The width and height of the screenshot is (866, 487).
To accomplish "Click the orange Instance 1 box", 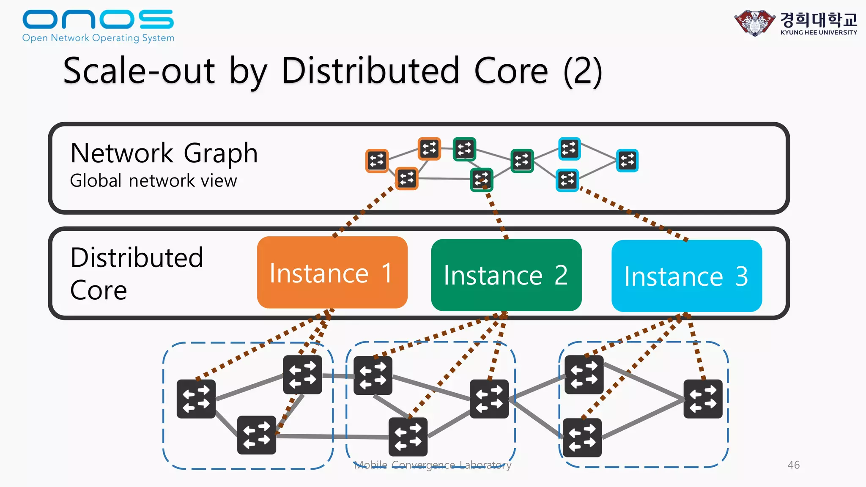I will pos(332,272).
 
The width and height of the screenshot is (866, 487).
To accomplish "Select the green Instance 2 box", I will pos(506,275).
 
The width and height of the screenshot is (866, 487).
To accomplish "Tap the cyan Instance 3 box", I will pos(686,276).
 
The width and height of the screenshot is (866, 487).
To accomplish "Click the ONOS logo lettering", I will pos(98,19).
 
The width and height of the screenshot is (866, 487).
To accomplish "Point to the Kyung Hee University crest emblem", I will pos(755,23).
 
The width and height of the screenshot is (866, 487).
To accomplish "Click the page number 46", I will pos(793,465).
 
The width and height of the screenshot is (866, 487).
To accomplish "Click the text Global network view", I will pos(153,181).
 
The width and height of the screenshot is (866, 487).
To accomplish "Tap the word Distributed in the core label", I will pos(137,257).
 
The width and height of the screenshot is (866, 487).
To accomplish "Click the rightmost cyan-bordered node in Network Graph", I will pos(627,161).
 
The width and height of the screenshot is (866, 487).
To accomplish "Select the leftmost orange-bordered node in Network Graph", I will pos(377,161).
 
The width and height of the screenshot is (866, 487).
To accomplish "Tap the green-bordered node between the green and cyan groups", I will pos(522,161).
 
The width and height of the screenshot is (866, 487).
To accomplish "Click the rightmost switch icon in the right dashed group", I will pos(703,399).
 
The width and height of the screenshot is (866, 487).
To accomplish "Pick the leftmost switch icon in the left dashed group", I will pos(196,399).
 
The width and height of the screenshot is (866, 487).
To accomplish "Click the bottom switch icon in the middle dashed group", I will pos(408,437).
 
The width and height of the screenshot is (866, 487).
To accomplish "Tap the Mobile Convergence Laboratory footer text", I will pos(432,465).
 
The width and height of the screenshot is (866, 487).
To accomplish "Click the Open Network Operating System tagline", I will pos(98,38).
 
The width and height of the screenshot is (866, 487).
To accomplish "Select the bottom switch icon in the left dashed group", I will pos(257,435).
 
